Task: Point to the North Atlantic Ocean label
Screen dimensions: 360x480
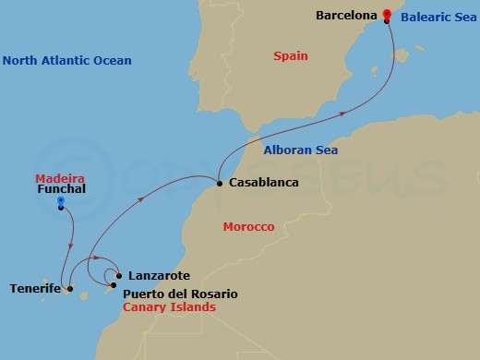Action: click(66, 61)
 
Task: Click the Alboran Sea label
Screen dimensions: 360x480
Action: click(300, 150)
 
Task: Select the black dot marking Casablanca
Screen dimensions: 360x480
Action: click(220, 183)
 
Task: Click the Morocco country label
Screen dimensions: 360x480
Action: click(249, 227)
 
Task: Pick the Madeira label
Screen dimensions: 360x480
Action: click(60, 178)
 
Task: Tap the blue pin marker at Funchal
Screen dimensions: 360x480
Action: click(61, 200)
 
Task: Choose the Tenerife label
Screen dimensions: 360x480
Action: click(36, 289)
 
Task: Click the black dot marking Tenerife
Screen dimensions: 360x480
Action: click(70, 289)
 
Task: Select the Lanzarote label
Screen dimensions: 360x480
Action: click(160, 275)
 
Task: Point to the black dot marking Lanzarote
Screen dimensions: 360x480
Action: click(120, 275)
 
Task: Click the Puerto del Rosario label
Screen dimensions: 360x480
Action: click(180, 294)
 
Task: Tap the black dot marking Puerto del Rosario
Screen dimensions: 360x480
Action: click(114, 285)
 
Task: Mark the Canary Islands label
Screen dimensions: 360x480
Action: click(169, 306)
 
